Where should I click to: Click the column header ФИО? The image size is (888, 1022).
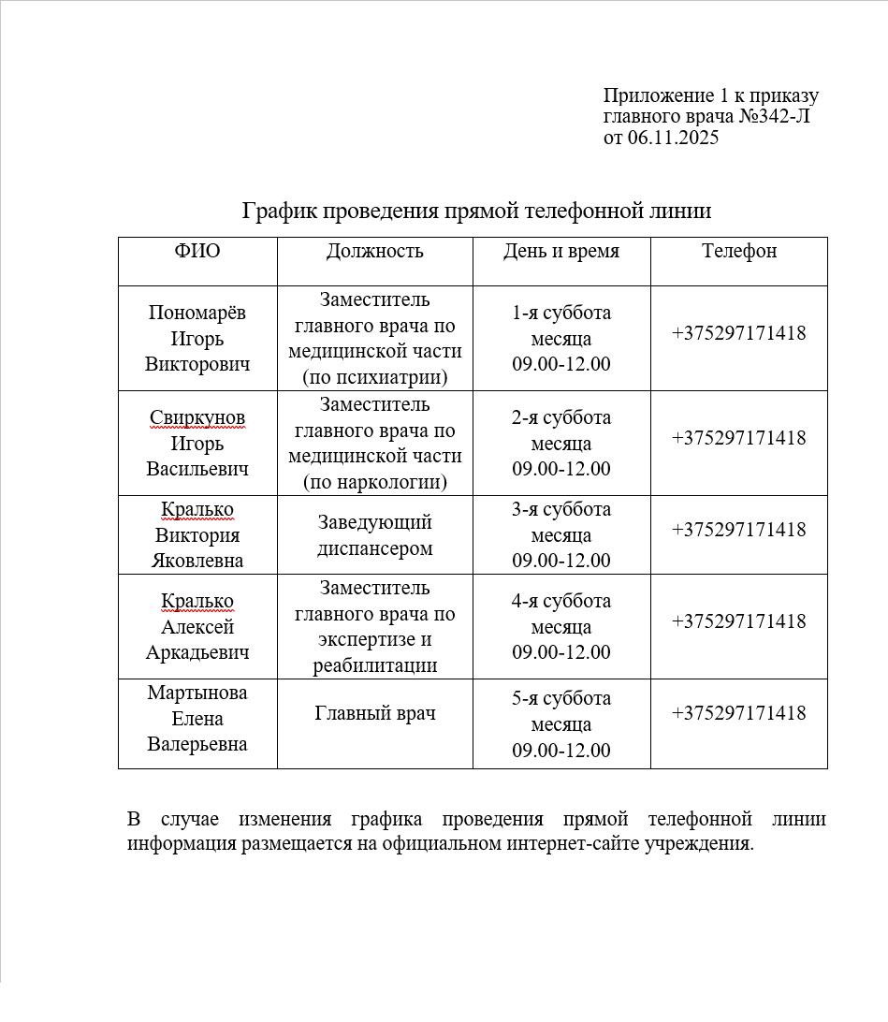point(197,251)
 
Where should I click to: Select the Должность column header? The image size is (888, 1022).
point(374,251)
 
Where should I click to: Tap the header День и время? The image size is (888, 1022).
point(561,251)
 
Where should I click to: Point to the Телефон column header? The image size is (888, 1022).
point(739,251)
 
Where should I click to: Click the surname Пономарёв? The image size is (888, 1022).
point(197,313)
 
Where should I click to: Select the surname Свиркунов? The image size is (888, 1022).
point(197,417)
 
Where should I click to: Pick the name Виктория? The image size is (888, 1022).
point(197,535)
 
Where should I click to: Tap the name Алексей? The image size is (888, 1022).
point(197,627)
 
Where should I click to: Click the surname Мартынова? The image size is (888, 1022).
point(197,693)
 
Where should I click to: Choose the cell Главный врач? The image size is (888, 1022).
point(374,713)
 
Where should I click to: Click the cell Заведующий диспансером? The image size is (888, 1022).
point(374,535)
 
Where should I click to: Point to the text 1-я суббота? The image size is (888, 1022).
point(561,313)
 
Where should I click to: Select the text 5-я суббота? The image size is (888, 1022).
point(561,698)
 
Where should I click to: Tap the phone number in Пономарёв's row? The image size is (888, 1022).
point(738,333)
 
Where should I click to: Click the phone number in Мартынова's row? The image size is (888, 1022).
point(738,713)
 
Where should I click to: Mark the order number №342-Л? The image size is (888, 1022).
point(775,117)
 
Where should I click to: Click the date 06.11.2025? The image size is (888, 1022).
point(673,139)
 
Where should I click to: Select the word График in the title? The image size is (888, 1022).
point(280,211)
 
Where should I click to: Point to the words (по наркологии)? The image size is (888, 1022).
point(374,483)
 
